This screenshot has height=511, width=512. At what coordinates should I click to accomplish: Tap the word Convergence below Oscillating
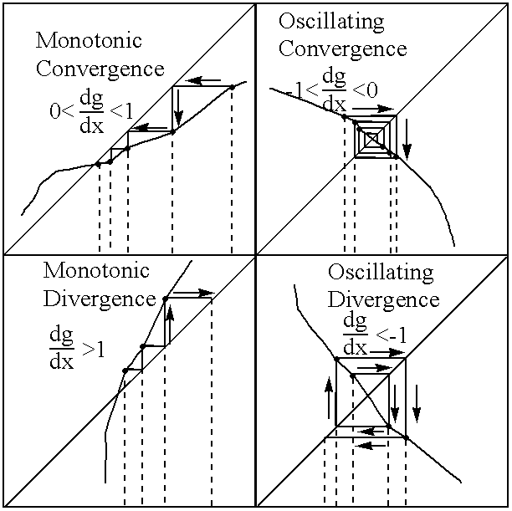[x=342, y=48]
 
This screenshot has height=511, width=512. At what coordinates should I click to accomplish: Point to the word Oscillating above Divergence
[x=381, y=273]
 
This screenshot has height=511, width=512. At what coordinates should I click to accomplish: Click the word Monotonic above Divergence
[x=95, y=271]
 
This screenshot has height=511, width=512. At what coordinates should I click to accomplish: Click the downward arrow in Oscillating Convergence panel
[x=407, y=141]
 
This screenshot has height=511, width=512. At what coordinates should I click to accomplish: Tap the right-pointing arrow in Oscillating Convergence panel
[x=373, y=108]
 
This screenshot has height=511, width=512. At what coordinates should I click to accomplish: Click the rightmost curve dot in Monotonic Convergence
[x=231, y=87]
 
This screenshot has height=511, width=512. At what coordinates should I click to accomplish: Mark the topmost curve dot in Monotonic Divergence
[x=165, y=298]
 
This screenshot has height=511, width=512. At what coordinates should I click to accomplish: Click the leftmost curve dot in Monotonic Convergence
[x=99, y=164]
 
